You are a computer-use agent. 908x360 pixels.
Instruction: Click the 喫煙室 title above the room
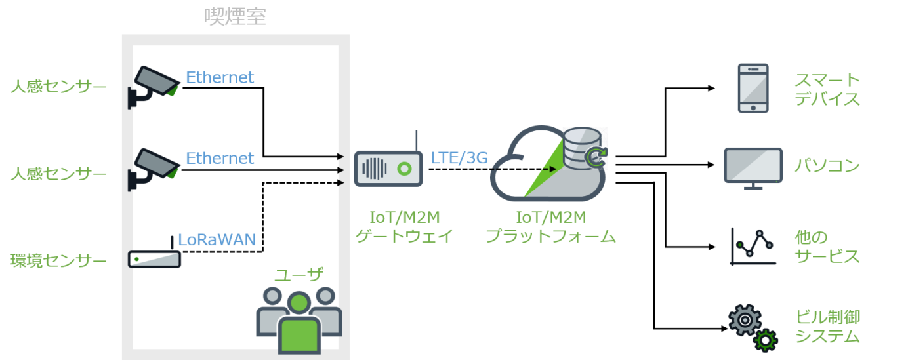235,16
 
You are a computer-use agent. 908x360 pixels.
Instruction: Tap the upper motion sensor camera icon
154,87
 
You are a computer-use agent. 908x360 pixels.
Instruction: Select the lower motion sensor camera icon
154,169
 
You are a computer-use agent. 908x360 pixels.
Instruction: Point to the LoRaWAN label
217,240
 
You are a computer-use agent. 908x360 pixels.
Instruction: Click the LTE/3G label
459,157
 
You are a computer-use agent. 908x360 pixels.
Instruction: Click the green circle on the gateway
404,169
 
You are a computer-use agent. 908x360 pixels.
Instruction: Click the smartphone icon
753,88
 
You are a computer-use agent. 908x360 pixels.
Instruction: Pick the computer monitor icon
753,168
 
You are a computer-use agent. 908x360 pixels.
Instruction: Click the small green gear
766,340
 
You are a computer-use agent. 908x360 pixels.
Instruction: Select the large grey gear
745,320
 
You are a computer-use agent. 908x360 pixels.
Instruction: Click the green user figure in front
299,324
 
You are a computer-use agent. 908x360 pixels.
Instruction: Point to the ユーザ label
299,275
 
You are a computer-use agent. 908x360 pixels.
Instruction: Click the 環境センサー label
59,260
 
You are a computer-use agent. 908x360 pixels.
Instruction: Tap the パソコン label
827,165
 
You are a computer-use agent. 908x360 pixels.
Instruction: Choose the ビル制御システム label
827,327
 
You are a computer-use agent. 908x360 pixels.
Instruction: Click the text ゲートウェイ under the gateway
404,235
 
